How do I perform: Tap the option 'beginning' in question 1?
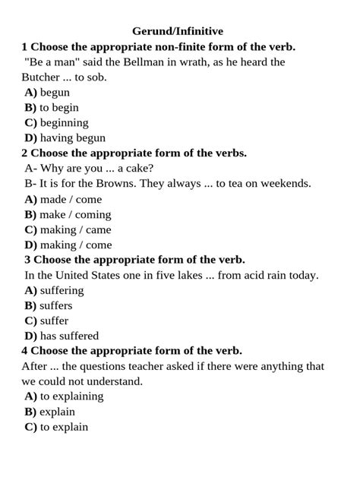coord(64,122)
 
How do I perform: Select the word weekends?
coord(286,183)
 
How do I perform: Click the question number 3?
coord(28,260)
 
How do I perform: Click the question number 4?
coord(25,351)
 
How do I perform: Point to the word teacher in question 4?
coord(163,366)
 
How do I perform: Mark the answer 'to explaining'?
coord(71,396)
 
